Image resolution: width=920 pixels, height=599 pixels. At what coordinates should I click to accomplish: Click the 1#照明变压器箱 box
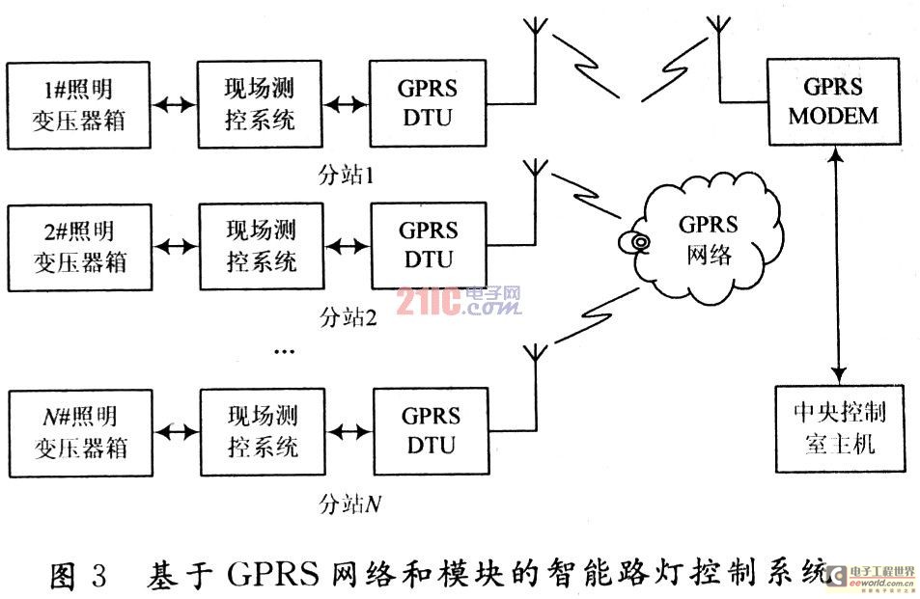point(78,105)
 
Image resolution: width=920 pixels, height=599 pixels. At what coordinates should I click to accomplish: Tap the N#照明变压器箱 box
point(79,431)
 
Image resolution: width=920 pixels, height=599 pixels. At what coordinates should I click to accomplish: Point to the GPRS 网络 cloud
point(709,241)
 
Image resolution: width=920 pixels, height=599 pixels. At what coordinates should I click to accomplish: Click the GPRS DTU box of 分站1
point(428,103)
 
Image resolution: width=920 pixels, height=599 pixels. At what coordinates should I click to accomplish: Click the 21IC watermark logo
point(458,302)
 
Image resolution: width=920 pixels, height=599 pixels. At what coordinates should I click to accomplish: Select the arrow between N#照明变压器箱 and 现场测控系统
point(175,431)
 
